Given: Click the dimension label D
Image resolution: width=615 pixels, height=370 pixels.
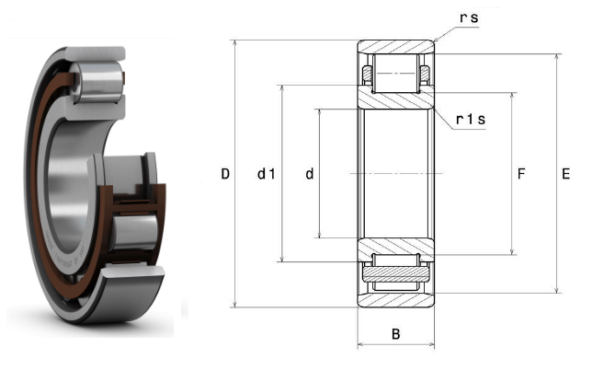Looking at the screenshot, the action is [225, 174].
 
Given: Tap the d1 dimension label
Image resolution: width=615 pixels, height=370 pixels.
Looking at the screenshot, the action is [267, 174].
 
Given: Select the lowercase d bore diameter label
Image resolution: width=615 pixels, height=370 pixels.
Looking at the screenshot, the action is [310, 174].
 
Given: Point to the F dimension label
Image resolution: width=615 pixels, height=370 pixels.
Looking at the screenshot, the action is [521, 174].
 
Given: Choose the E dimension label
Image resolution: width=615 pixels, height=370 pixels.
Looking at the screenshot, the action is [565, 174].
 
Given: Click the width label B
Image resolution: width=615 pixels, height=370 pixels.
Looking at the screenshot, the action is [395, 334].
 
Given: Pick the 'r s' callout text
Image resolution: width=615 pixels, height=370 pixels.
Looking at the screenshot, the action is [469, 17].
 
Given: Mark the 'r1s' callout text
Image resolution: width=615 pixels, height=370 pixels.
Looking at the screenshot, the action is [471, 119].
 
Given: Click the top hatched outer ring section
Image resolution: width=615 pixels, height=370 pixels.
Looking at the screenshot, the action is [395, 47].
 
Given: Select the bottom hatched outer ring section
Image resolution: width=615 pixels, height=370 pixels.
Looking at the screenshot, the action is [395, 300].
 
